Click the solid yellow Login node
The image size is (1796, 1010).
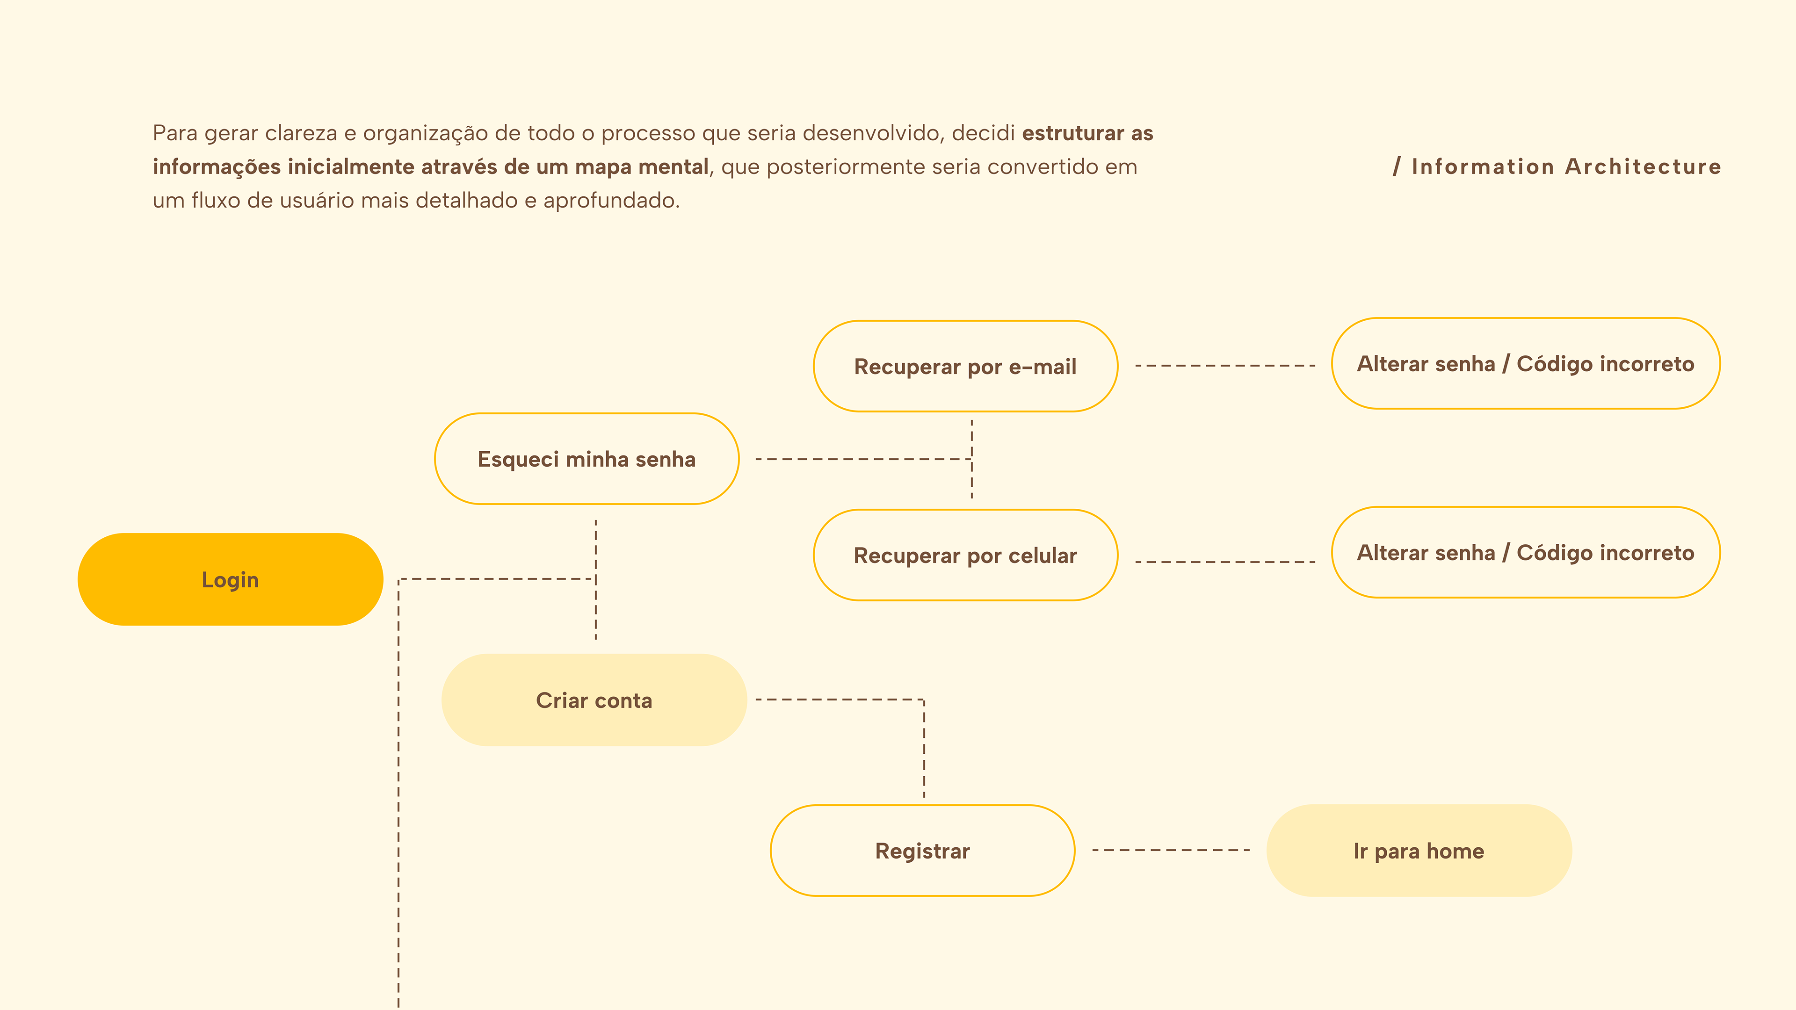pos(230,579)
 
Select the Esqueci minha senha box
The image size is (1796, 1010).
pos(587,459)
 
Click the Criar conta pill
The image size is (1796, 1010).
pos(594,700)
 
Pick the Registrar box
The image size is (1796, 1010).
pos(922,851)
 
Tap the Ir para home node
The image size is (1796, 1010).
pos(1419,851)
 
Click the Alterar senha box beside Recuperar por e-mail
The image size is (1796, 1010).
pos(1526,363)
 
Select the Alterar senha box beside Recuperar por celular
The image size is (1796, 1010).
pos(1526,552)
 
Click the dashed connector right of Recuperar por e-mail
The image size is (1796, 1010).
pos(1225,365)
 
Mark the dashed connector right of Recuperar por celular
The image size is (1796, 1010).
pos(1225,562)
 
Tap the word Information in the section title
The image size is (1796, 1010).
pos(1483,166)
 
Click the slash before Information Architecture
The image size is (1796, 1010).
pos(1397,166)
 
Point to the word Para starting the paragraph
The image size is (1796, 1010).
pos(174,133)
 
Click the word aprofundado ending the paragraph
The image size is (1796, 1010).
pos(610,201)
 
